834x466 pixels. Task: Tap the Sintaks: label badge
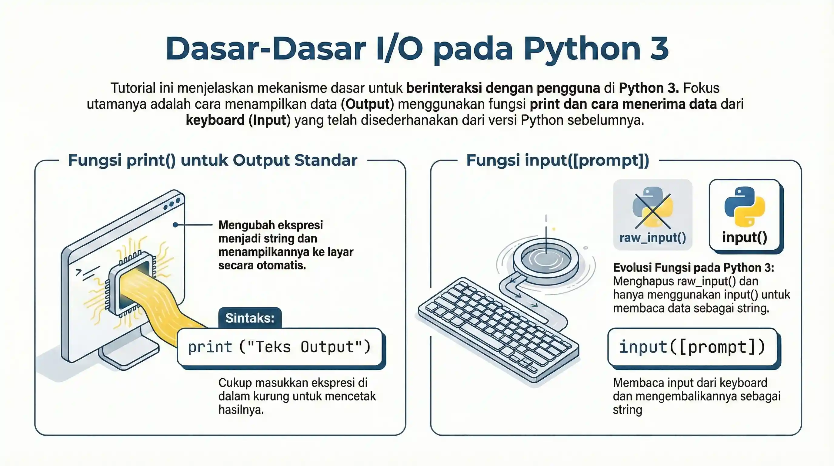coord(250,318)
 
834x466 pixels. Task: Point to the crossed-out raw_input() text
coord(652,238)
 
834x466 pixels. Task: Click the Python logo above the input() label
coord(744,207)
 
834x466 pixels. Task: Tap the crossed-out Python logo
coord(652,208)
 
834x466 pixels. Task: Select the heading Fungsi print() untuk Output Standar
coord(212,160)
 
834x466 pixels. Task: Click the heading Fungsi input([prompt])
coord(558,160)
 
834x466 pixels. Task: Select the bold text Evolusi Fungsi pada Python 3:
coord(693,268)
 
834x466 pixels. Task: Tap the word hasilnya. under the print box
coord(241,410)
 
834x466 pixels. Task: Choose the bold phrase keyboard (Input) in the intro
coord(238,120)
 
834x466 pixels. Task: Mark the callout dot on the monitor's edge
coord(175,225)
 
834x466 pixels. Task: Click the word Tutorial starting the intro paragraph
coord(133,88)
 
